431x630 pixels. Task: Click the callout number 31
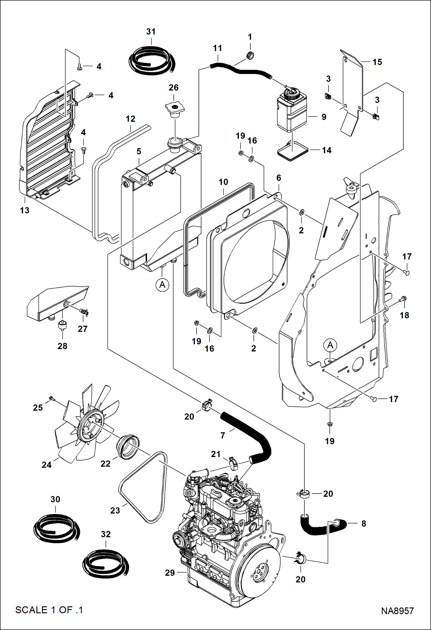[151, 32]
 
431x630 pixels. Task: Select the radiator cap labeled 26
[175, 109]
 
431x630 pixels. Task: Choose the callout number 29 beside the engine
[170, 573]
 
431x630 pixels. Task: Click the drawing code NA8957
[397, 611]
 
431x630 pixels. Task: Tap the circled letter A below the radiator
[162, 285]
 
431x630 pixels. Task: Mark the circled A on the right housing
[330, 345]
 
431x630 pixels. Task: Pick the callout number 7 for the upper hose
[222, 436]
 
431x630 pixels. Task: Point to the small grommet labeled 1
[250, 55]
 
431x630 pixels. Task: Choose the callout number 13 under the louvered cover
[25, 210]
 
